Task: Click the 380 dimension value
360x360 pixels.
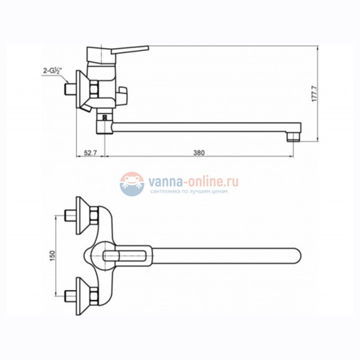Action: pos(199,152)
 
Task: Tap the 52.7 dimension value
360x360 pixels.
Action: pos(90,152)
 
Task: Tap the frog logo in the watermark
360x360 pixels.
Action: pos(131,183)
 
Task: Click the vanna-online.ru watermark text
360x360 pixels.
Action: pos(191,181)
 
